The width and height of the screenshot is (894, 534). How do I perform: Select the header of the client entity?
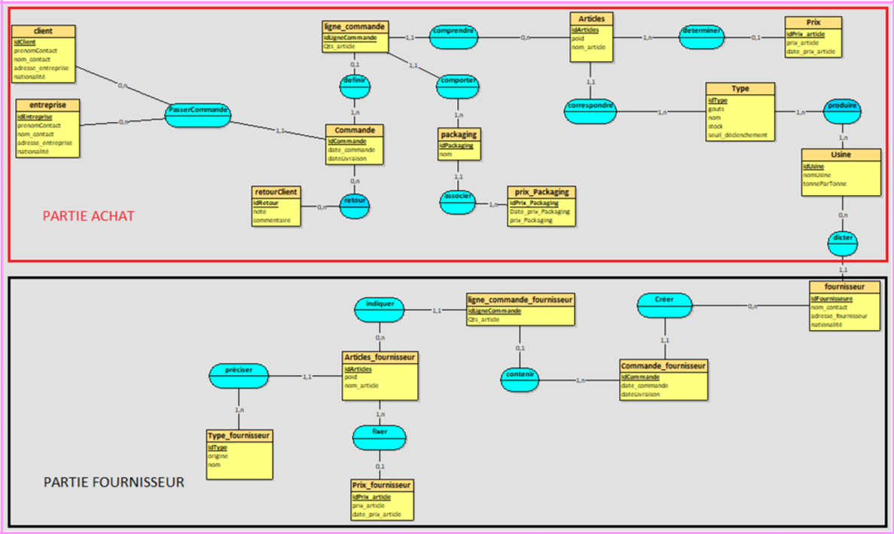[x=44, y=31]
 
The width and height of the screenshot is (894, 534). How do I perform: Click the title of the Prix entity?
[x=812, y=23]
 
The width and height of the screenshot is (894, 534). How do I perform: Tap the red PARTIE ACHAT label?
[x=88, y=217]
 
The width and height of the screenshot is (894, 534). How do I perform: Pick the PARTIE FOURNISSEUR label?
[x=114, y=482]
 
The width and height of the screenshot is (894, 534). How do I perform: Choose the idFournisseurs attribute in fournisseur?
[x=831, y=298]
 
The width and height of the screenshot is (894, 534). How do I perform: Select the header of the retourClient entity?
[x=276, y=192]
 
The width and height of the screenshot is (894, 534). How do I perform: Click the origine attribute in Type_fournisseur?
[x=218, y=456]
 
